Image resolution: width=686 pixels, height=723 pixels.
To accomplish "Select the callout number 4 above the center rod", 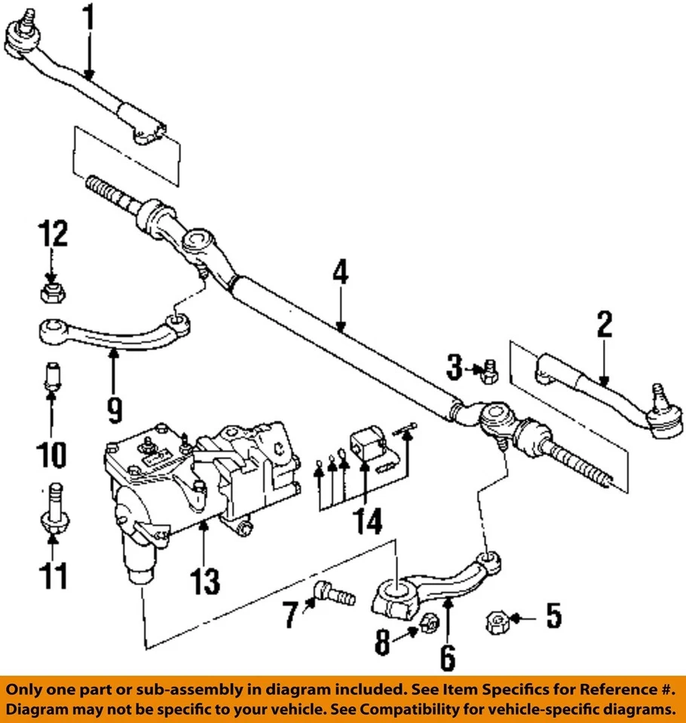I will tap(341, 273).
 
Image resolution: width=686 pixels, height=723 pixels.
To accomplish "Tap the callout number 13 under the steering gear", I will tap(205, 580).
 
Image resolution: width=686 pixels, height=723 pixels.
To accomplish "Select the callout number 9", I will tap(113, 409).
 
